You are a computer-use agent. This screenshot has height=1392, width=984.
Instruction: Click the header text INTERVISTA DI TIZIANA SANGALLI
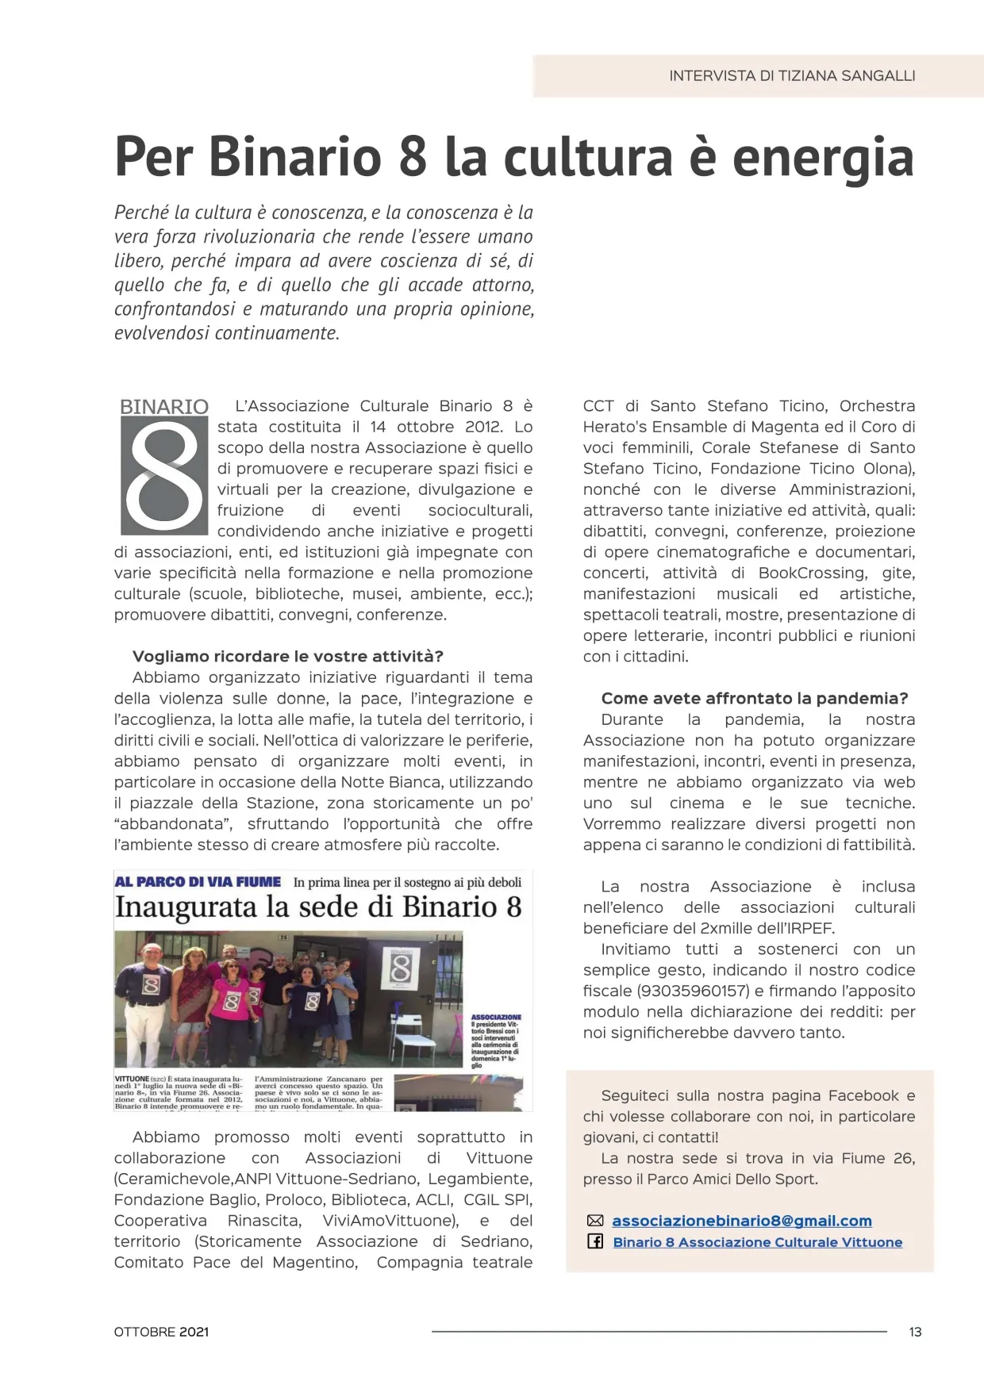click(x=791, y=76)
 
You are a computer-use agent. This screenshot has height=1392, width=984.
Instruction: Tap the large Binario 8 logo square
click(x=163, y=475)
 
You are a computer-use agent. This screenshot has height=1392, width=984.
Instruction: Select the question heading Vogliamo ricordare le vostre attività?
click(x=287, y=656)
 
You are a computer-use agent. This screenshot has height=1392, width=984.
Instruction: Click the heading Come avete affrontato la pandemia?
click(x=754, y=698)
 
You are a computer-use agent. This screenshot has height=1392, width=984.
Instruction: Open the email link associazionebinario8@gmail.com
click(x=741, y=1221)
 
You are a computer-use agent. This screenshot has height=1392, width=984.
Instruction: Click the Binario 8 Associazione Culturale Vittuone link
click(x=757, y=1242)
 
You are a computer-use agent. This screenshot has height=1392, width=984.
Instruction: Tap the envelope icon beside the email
click(x=595, y=1221)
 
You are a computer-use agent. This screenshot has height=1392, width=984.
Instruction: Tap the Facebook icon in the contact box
click(x=595, y=1241)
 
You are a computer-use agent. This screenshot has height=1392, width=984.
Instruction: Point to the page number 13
click(x=915, y=1332)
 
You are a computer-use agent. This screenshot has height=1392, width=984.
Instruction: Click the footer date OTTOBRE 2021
click(x=161, y=1332)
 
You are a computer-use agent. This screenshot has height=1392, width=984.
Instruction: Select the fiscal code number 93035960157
click(x=694, y=991)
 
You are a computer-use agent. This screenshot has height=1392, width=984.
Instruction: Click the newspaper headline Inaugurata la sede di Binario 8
click(x=318, y=907)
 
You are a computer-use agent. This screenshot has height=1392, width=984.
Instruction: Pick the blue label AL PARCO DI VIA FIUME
click(x=198, y=882)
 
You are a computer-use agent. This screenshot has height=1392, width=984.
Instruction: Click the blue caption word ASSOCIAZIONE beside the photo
click(x=496, y=1017)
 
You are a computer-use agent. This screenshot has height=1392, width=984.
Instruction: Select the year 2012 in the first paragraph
click(x=483, y=427)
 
